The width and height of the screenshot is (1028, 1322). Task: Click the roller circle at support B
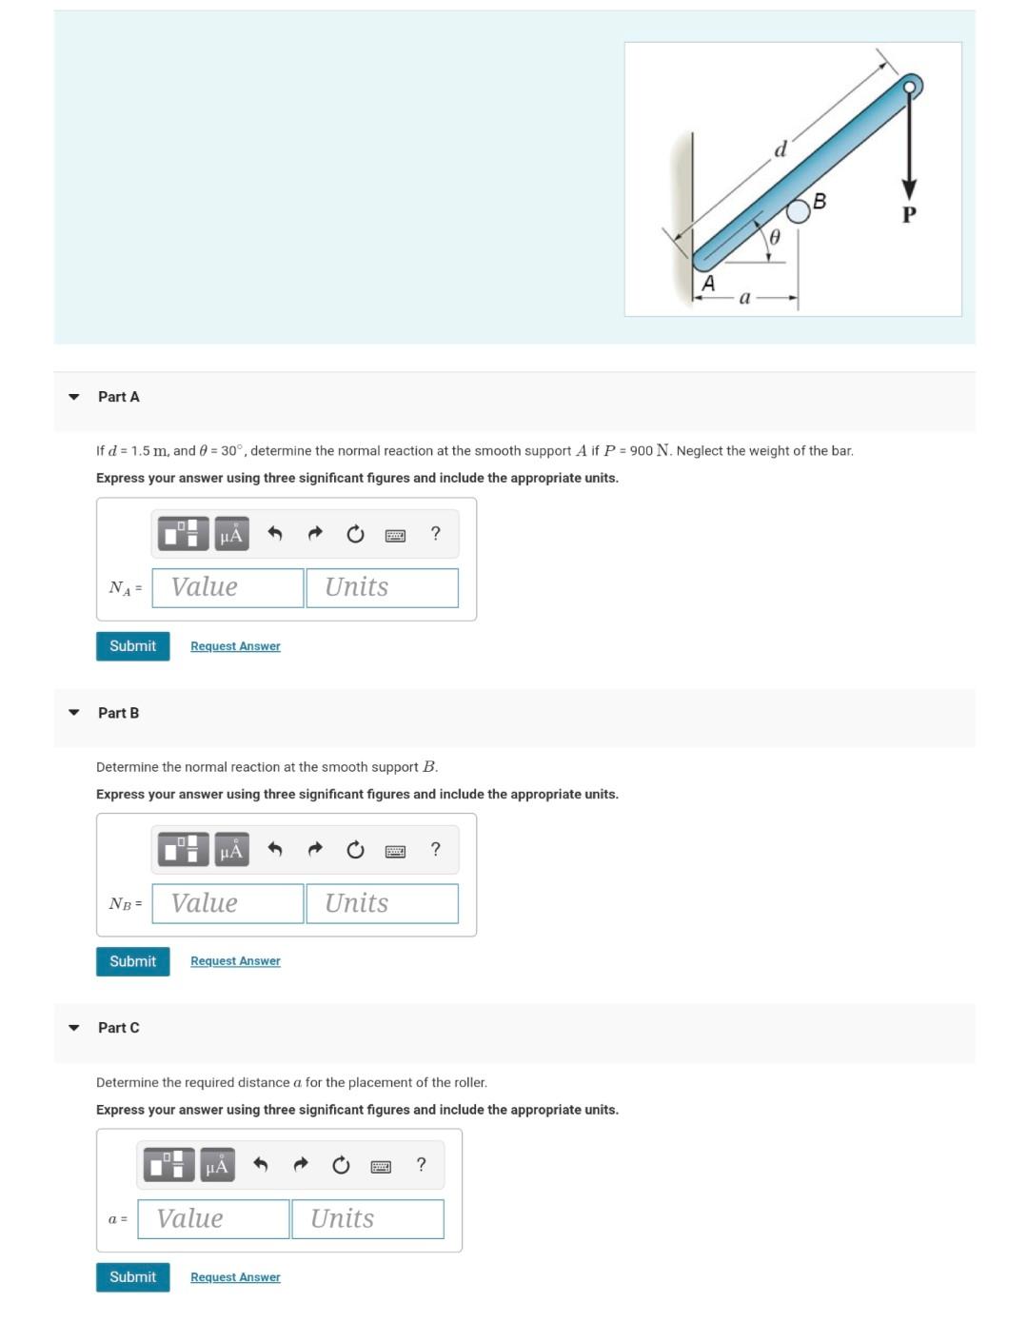tap(798, 211)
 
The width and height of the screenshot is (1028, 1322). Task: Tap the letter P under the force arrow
tap(909, 215)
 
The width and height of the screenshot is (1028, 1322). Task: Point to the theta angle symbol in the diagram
tap(775, 237)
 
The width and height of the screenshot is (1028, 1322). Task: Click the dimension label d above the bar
tap(781, 149)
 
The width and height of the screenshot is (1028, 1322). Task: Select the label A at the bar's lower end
tap(708, 284)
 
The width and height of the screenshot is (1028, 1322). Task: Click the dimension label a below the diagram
tap(744, 298)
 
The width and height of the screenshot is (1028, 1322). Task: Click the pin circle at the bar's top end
tap(910, 88)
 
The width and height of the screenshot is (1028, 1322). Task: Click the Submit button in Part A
tap(132, 646)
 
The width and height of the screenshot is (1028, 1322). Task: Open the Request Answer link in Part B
tap(235, 961)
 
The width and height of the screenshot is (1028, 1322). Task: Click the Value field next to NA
tap(227, 587)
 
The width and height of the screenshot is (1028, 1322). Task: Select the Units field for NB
tap(382, 903)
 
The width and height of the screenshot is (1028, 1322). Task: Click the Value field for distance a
tap(213, 1219)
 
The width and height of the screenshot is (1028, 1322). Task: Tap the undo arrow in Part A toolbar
tap(275, 534)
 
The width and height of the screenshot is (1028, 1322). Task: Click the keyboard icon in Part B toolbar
tap(395, 850)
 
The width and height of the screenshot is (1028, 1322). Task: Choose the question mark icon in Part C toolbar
tap(421, 1165)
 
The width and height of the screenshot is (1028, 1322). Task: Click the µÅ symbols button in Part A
tap(231, 534)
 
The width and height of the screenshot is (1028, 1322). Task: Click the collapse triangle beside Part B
tap(74, 712)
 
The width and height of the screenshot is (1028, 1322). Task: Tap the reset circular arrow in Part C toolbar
tap(341, 1165)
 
